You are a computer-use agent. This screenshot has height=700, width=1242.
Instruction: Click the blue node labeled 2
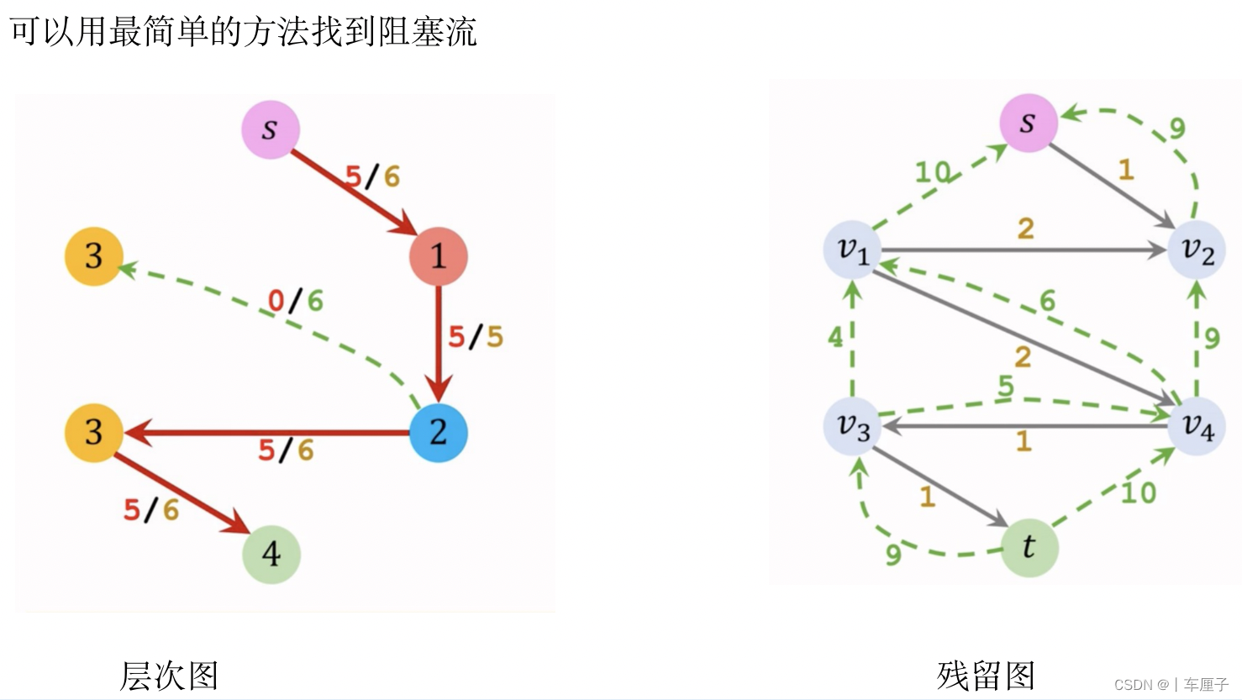(438, 433)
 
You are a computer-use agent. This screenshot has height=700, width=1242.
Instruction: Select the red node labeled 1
(438, 256)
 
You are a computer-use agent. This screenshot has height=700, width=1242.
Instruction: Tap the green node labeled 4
(271, 554)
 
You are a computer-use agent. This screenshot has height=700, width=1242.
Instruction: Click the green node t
(1029, 548)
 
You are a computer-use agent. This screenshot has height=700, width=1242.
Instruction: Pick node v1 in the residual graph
(852, 250)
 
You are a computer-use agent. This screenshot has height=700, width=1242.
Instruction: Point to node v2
(1197, 250)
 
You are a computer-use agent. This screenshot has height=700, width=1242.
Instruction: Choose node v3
(852, 426)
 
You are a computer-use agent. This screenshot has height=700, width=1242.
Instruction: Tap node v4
(1197, 426)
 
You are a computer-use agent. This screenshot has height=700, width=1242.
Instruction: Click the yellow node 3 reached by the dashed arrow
(94, 256)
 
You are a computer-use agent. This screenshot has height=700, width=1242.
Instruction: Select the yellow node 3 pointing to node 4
(94, 433)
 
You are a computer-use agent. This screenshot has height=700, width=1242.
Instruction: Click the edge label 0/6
(295, 301)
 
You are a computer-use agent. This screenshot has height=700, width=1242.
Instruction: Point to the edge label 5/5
(475, 337)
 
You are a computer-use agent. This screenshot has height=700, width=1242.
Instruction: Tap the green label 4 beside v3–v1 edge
(834, 338)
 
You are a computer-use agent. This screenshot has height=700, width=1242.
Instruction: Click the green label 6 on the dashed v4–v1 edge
(1047, 301)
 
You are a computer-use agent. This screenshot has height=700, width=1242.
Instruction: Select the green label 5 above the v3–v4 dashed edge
(1006, 386)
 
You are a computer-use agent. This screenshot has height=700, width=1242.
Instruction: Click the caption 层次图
(169, 676)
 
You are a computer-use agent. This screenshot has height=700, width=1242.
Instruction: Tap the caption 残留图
(986, 676)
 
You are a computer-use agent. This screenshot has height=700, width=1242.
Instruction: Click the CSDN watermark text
(1171, 685)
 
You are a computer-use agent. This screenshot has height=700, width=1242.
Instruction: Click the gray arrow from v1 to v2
(1008, 250)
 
